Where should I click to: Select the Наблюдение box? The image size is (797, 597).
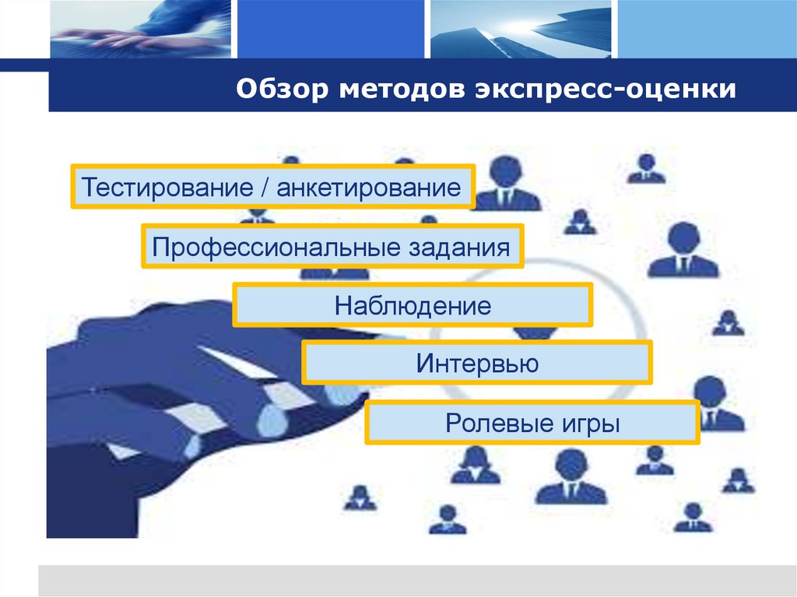[x=413, y=305]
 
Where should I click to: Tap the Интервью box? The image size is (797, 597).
[x=476, y=363]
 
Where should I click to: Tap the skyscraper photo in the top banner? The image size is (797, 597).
[x=517, y=29]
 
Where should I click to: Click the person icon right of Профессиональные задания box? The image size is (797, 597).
[x=683, y=251]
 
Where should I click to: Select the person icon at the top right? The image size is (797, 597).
[x=646, y=168]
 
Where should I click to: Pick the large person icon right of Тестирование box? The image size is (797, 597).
[x=506, y=184]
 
